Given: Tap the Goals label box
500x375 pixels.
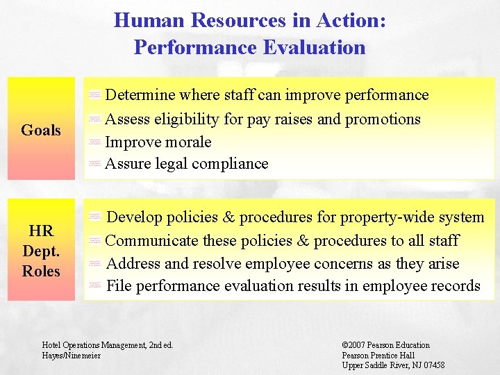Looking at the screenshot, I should (41, 130).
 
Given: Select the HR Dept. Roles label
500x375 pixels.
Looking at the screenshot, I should (41, 251).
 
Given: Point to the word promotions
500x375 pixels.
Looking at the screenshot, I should (383, 119).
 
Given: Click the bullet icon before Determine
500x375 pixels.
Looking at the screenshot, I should (95, 95).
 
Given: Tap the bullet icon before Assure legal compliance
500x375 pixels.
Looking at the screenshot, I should (95, 165).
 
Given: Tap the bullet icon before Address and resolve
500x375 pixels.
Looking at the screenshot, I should (95, 265).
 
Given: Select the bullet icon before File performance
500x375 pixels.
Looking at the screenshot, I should (95, 287).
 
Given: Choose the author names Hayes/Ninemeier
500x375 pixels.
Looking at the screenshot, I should (72, 356).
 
